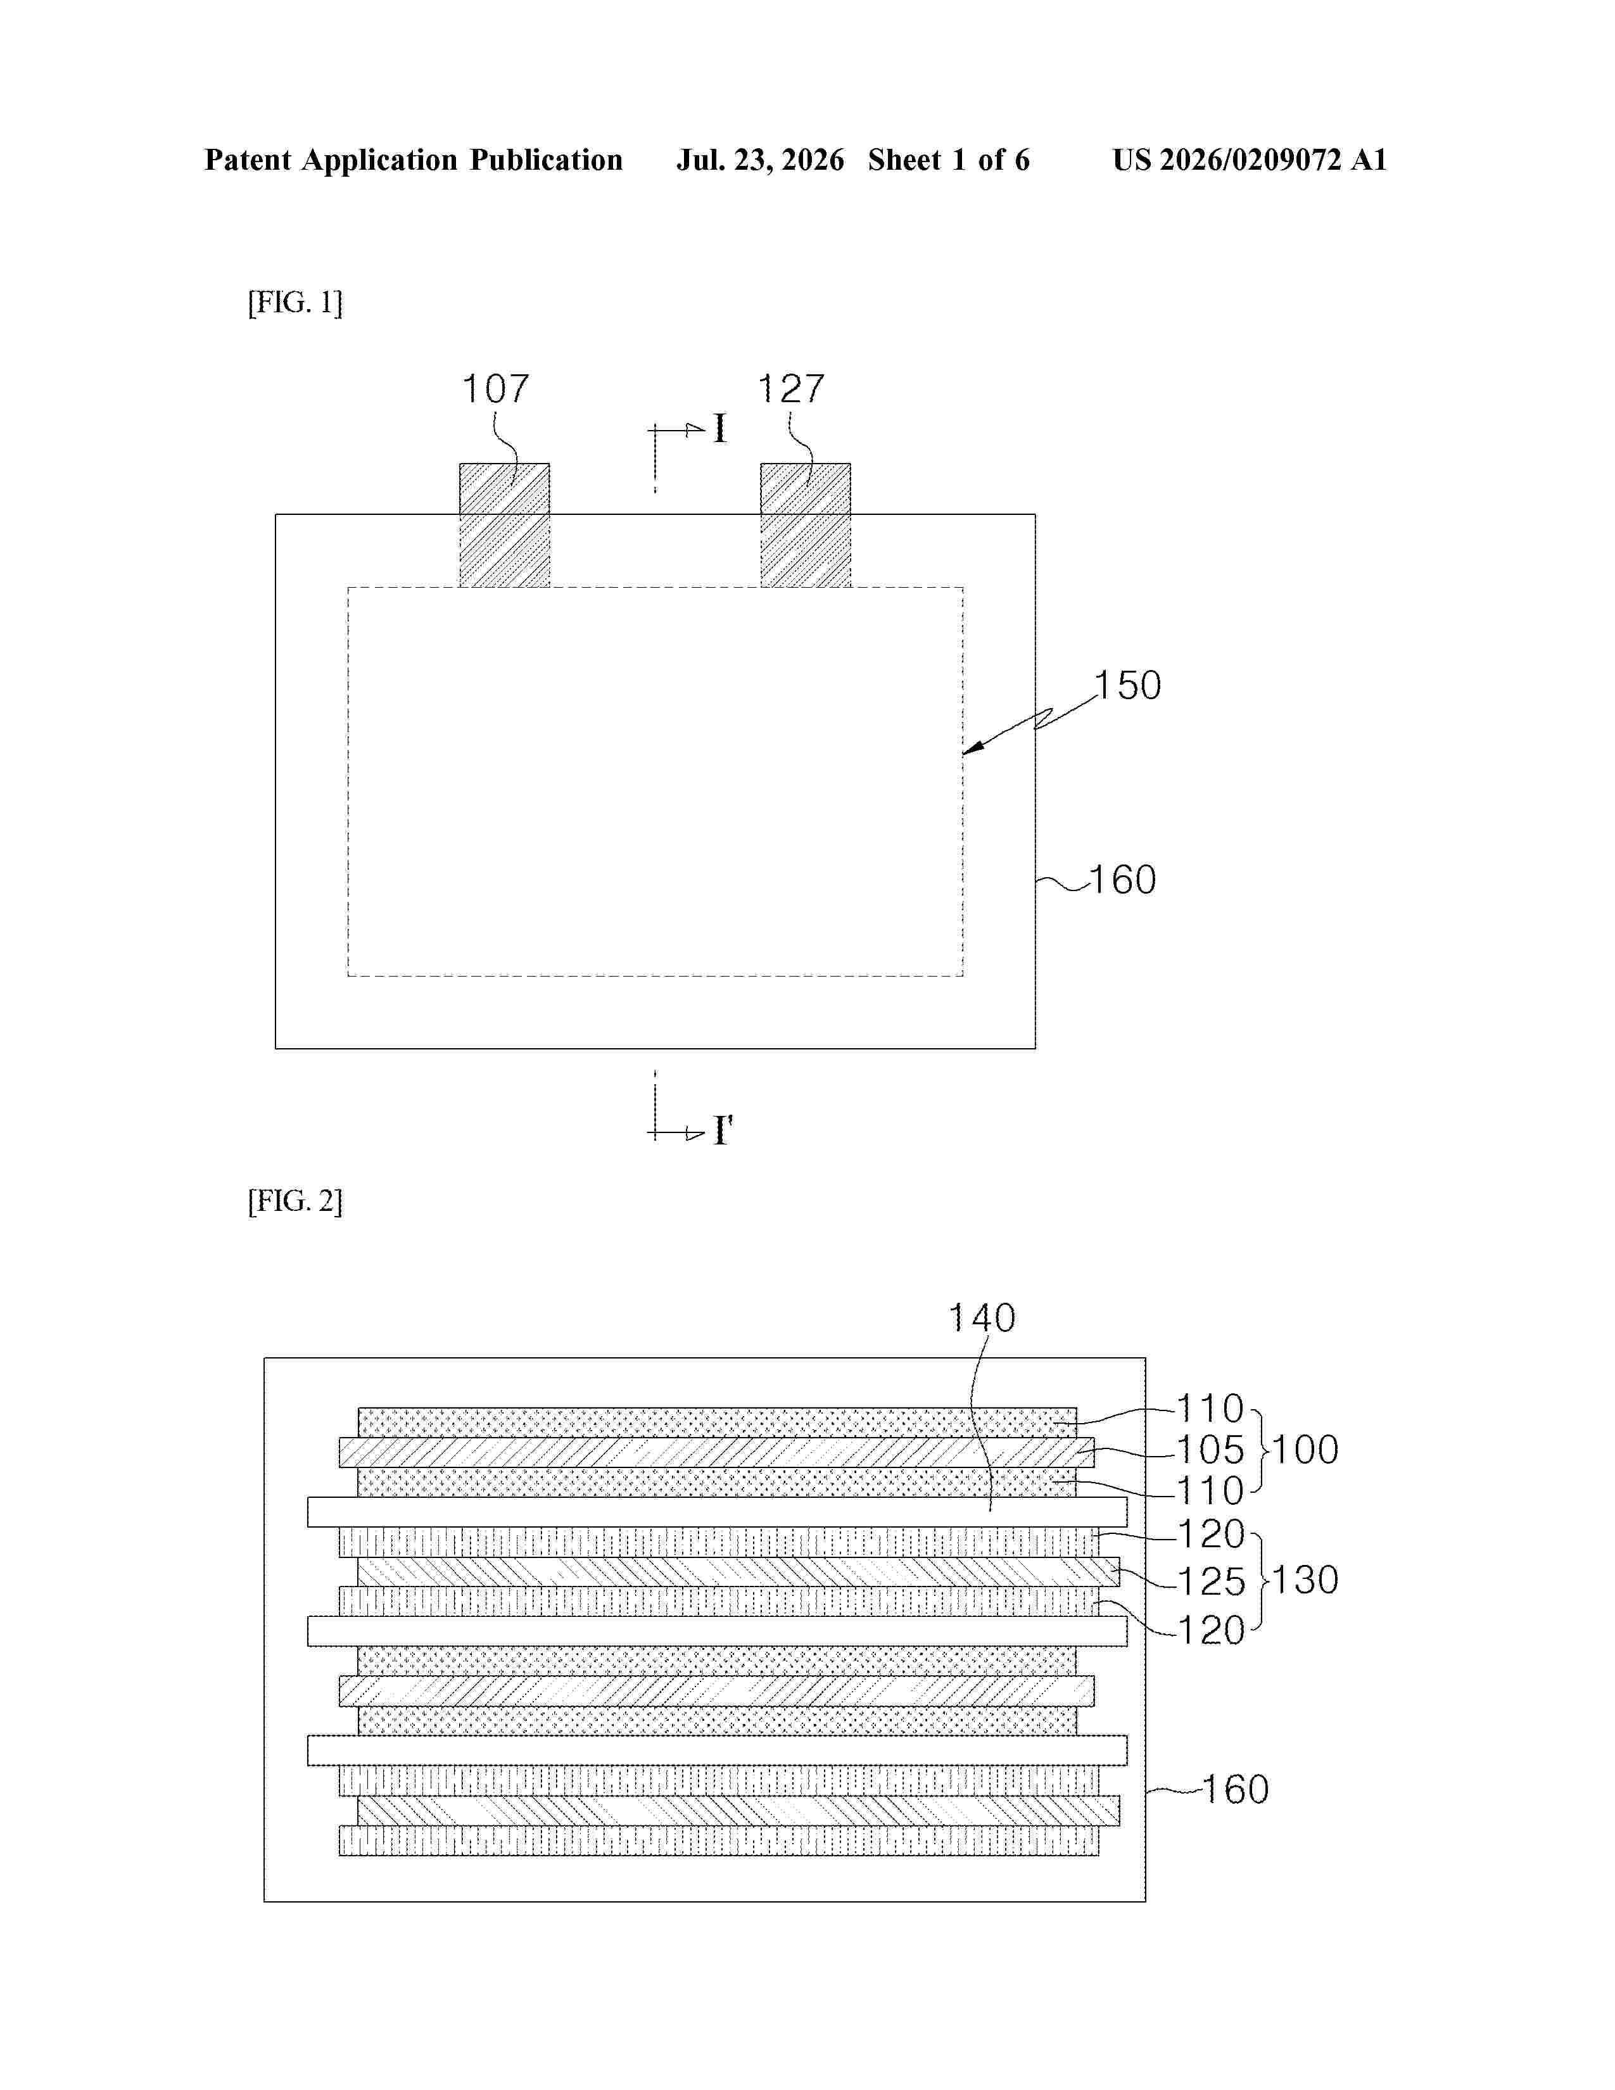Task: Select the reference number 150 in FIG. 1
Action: (1128, 685)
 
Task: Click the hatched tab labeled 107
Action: (504, 526)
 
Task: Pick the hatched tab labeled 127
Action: (806, 526)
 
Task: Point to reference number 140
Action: (982, 1318)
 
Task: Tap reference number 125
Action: (1211, 1582)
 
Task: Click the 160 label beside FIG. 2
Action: (1235, 1790)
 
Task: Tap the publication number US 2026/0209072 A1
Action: (1250, 160)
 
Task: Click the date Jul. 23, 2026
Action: (761, 160)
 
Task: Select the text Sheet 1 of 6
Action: (949, 160)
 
